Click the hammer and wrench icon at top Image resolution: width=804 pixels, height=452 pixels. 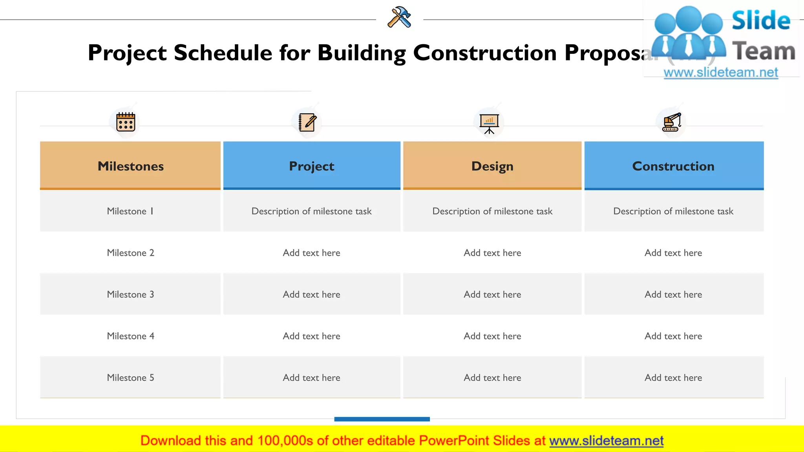tap(399, 17)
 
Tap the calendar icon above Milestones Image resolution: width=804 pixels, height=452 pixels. tap(126, 122)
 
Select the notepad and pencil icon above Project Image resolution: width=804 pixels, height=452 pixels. tap(307, 122)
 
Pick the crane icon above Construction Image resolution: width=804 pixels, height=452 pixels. tap(672, 122)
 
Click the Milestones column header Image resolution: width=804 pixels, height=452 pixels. tap(130, 166)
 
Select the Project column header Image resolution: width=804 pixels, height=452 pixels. tap(312, 166)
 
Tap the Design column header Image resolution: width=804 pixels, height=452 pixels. tap(492, 166)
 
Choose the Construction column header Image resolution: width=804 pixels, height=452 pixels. tap(674, 166)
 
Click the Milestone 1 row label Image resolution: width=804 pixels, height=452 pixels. tap(130, 211)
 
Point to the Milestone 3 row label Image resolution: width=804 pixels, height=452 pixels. tap(130, 294)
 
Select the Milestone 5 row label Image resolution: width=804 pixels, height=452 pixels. tap(130, 377)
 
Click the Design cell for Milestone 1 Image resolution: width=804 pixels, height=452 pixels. tap(492, 211)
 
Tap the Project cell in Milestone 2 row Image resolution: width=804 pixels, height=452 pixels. tap(312, 253)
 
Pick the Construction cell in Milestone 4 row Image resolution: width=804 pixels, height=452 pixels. tap(674, 336)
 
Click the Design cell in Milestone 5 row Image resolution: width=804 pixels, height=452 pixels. tap(492, 377)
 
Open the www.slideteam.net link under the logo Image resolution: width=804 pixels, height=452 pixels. tap(721, 73)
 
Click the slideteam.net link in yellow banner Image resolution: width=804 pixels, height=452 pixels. tap(606, 441)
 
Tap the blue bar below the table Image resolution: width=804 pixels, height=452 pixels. tap(382, 419)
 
